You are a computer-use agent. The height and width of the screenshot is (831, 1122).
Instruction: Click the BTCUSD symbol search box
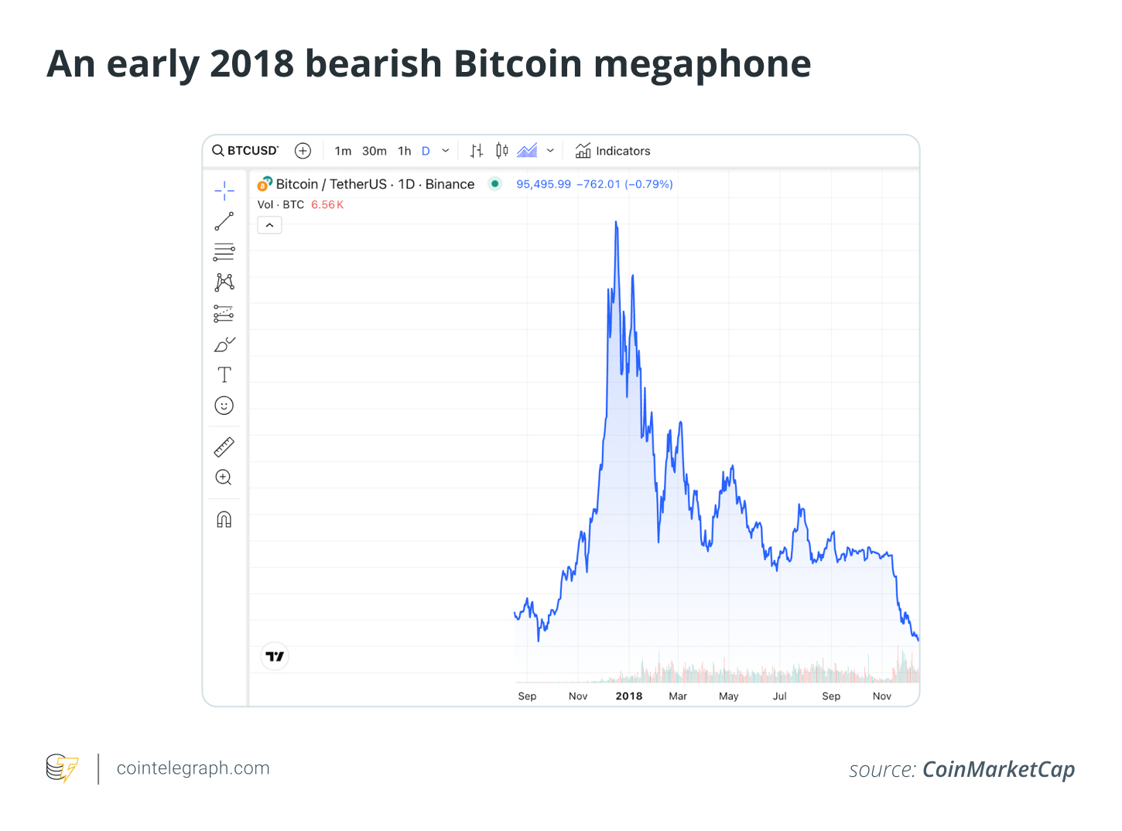(x=245, y=151)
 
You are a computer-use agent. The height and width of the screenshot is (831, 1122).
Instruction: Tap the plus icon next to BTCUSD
(x=303, y=151)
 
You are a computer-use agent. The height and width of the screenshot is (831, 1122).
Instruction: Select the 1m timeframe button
(x=343, y=151)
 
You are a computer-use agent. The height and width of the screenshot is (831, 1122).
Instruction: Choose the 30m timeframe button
(x=375, y=151)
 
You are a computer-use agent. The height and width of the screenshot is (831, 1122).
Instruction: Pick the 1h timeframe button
(x=405, y=151)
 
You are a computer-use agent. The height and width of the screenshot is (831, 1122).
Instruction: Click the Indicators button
(x=613, y=151)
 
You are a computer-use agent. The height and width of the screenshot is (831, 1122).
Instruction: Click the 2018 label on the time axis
(x=629, y=696)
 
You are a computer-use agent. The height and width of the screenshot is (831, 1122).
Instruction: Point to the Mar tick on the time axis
(x=678, y=696)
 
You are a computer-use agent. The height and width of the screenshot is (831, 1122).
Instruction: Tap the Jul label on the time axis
(x=779, y=696)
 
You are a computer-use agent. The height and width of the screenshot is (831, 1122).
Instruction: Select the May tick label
(x=728, y=696)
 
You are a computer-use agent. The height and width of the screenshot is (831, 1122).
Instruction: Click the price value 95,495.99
(x=543, y=184)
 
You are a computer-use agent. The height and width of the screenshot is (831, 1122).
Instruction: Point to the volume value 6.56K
(x=327, y=205)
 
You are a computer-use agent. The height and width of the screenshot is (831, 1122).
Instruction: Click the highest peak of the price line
(x=616, y=223)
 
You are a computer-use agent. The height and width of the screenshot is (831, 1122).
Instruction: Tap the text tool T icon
(x=224, y=375)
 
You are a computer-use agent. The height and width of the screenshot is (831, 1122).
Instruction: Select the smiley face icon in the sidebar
(x=224, y=405)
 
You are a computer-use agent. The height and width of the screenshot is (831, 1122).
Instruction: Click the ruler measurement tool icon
(x=224, y=447)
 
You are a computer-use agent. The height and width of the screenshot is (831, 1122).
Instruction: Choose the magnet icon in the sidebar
(x=224, y=519)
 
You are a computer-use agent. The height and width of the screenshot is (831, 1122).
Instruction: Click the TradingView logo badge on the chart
(x=275, y=656)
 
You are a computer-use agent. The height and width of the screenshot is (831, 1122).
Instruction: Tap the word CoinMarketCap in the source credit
(x=998, y=770)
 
